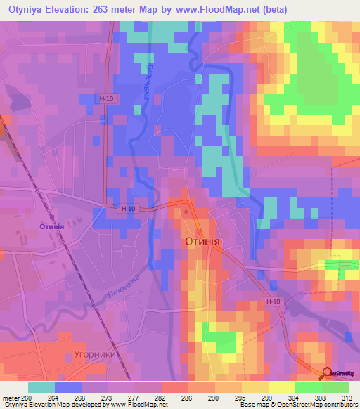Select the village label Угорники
tap(98, 354)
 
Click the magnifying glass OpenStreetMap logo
tap(327, 373)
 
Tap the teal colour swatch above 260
tap(41, 387)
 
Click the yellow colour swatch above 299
tap(255, 387)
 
